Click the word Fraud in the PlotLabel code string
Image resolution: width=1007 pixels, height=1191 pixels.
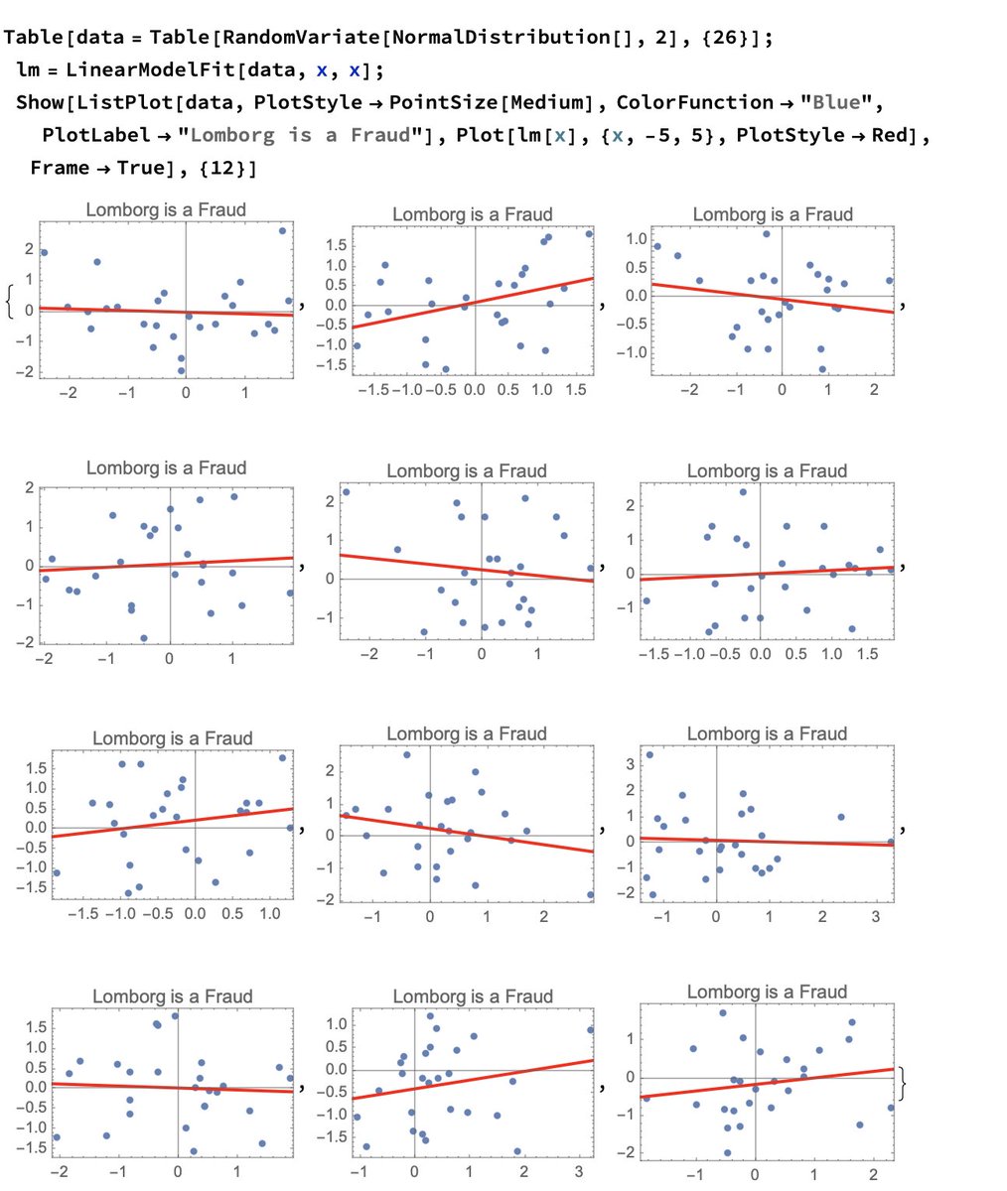pos(380,135)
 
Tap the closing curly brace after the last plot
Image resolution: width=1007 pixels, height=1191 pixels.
pos(902,1083)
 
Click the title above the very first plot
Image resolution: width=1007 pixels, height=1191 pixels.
pos(166,209)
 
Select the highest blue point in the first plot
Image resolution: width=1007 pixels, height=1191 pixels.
pos(282,230)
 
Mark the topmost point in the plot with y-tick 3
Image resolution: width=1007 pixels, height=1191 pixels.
pos(649,755)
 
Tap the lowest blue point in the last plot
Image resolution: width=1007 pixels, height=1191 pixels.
pos(727,1152)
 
